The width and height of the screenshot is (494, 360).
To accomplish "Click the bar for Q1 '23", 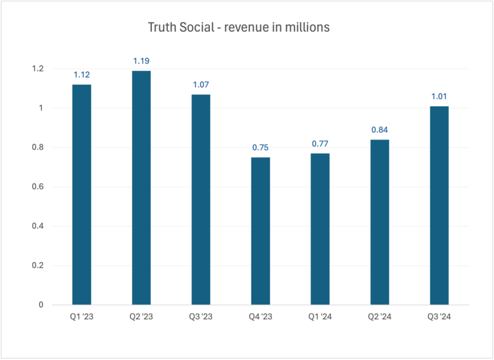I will (x=82, y=195).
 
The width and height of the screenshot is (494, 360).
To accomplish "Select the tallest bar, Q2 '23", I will (x=141, y=188).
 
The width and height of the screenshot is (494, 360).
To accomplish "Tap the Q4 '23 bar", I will (x=260, y=231).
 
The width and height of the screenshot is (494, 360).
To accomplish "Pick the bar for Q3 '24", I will (x=439, y=206).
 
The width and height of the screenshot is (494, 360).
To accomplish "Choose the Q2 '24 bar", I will (x=379, y=222).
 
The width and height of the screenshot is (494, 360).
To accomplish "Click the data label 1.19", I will (x=141, y=61).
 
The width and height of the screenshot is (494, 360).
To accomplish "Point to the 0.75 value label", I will (x=260, y=148).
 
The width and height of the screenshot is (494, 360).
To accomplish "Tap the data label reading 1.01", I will (x=439, y=96).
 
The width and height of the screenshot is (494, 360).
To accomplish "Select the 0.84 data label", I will (x=379, y=130).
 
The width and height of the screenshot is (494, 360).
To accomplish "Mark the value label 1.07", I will (x=201, y=85).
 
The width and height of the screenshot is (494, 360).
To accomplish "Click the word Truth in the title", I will (x=162, y=28).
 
